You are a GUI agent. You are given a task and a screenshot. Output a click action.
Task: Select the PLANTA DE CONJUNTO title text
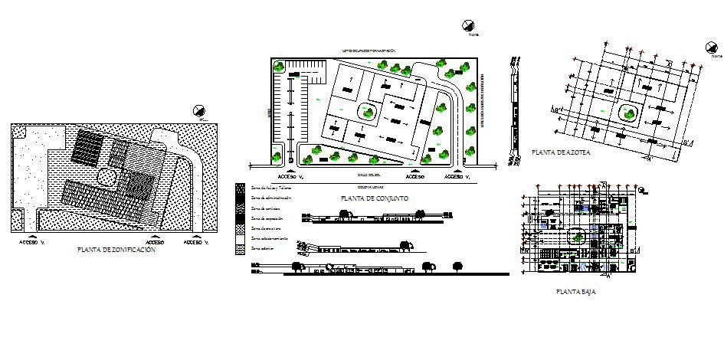point(376,198)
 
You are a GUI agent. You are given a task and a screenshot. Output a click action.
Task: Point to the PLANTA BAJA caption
point(576,292)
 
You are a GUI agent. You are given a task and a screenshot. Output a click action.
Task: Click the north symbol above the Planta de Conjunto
point(468,27)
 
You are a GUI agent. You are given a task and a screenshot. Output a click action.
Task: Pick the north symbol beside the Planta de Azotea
point(713,47)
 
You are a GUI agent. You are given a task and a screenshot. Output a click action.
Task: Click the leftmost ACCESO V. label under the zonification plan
point(33,241)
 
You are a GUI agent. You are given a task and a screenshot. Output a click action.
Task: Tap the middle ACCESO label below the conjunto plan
point(415,175)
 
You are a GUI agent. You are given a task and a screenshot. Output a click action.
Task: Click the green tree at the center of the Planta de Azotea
point(631,114)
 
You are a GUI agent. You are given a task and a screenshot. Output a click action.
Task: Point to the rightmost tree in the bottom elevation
point(459,266)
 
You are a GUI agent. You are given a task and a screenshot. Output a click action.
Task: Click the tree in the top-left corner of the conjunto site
point(281,68)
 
